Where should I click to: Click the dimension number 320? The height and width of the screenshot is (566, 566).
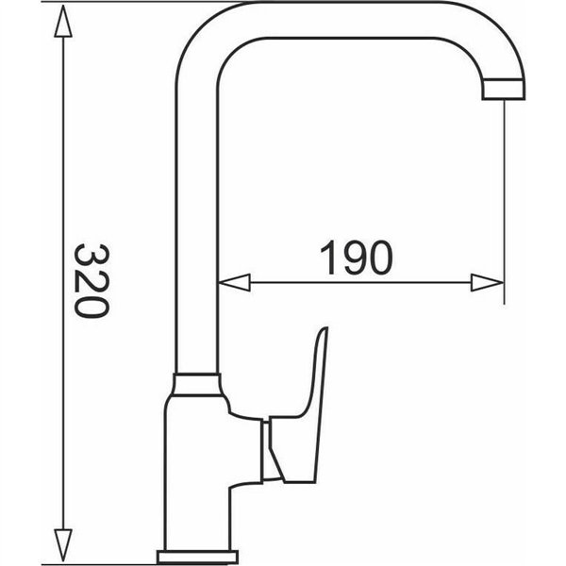tap(92, 280)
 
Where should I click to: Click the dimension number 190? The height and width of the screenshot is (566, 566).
tap(356, 258)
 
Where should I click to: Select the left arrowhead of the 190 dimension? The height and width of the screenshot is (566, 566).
tap(233, 282)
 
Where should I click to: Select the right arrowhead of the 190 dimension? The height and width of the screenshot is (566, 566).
tap(486, 282)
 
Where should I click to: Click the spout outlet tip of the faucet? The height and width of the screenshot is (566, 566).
tap(504, 90)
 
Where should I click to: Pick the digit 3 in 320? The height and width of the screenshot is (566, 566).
tap(92, 256)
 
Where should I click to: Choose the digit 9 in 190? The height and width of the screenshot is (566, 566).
tap(356, 258)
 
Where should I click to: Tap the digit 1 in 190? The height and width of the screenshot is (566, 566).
tap(329, 258)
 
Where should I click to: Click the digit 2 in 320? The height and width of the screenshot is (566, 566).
tap(92, 280)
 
